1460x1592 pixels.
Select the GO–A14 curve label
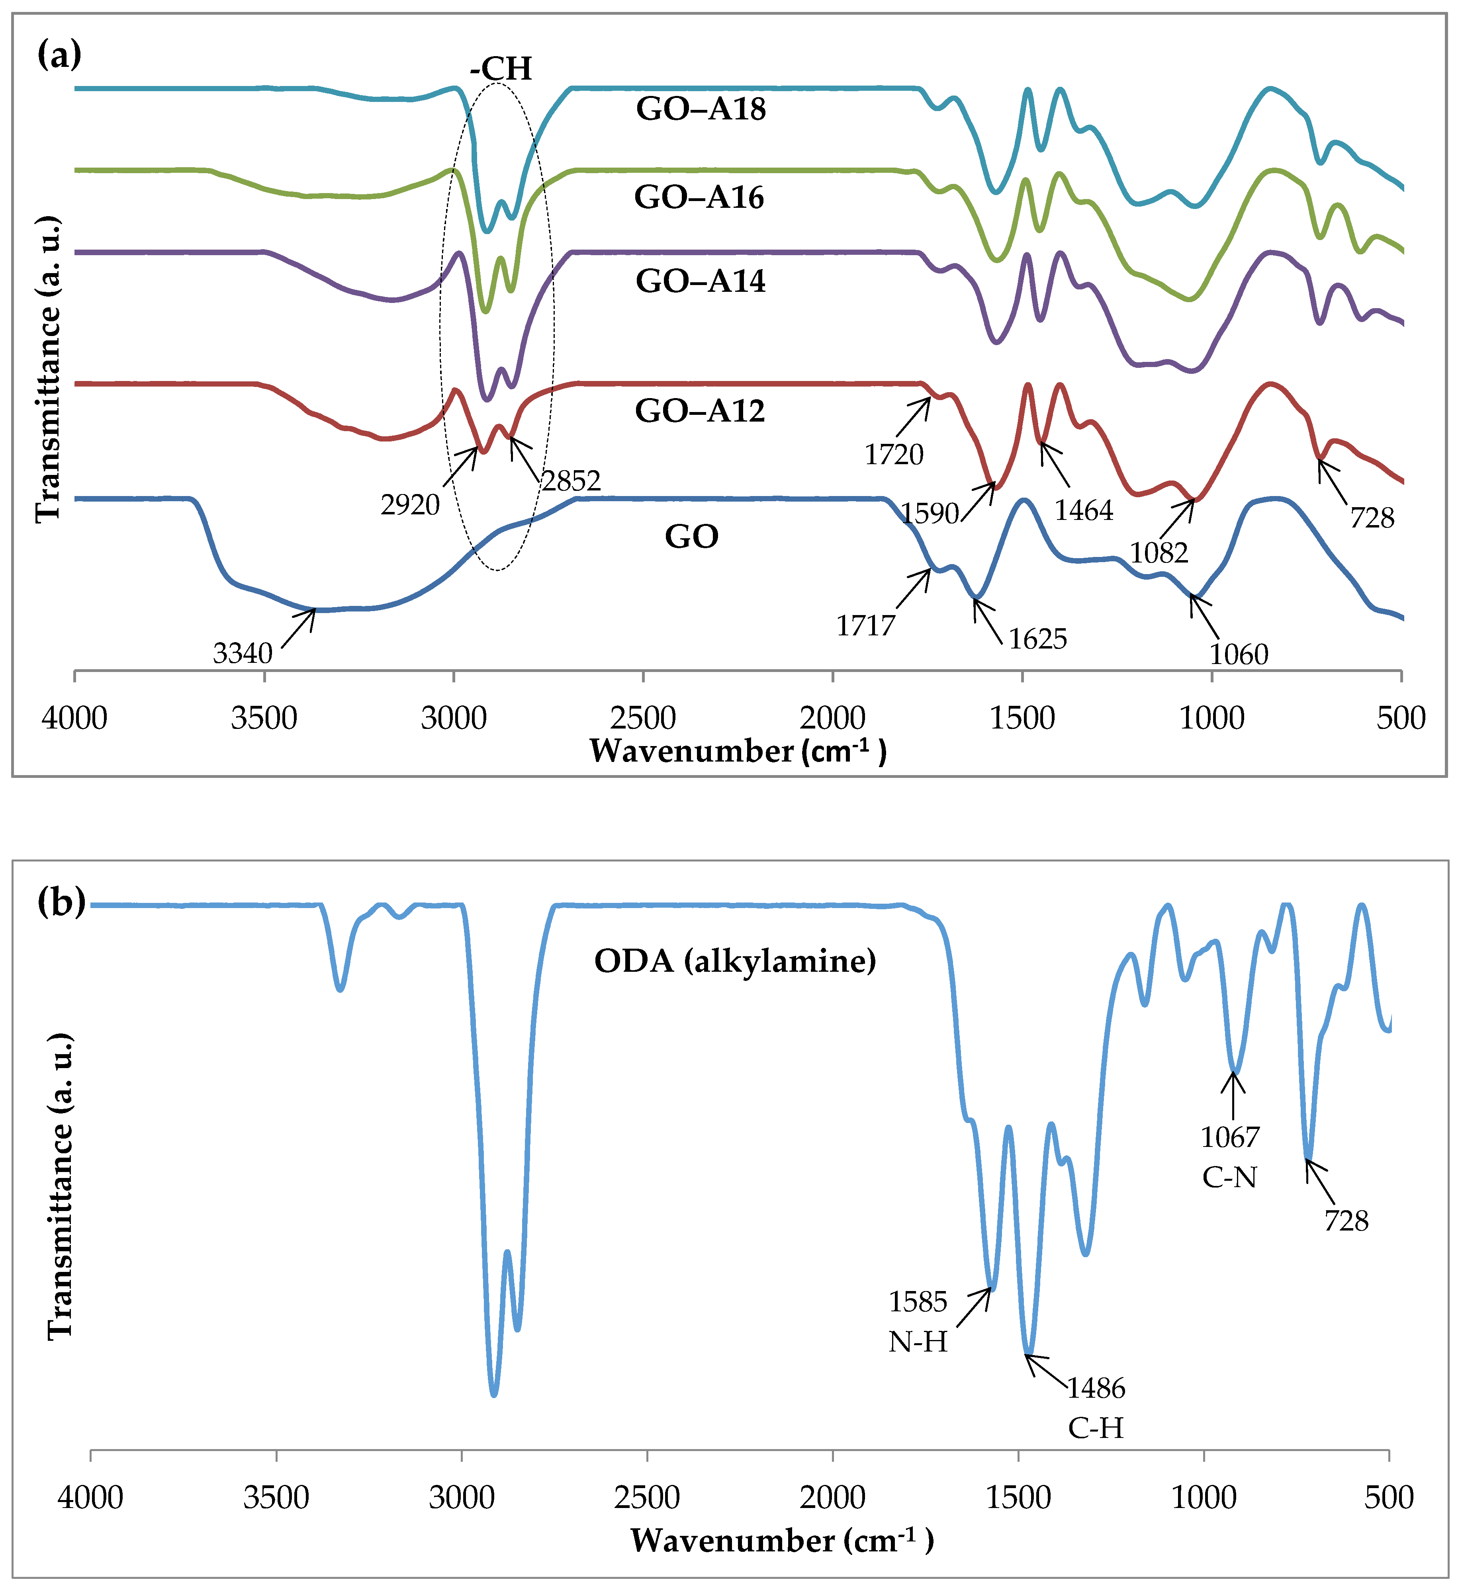(x=701, y=281)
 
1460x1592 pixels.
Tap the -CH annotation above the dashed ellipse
(x=501, y=69)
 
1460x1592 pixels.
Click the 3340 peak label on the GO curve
(x=243, y=654)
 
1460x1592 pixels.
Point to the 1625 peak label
(x=1037, y=639)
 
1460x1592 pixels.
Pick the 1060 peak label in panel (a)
(x=1239, y=654)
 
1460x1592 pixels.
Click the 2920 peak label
(x=410, y=505)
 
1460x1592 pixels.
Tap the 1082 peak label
(x=1159, y=553)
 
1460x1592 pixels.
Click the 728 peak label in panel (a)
(x=1372, y=519)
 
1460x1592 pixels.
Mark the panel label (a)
(x=59, y=55)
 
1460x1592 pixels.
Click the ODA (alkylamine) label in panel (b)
(x=735, y=961)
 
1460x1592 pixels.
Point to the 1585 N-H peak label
(x=917, y=1301)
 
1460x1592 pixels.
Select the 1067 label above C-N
(x=1230, y=1137)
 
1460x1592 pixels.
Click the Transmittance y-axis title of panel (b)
(x=60, y=1184)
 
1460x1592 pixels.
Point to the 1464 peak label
(x=1084, y=511)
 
